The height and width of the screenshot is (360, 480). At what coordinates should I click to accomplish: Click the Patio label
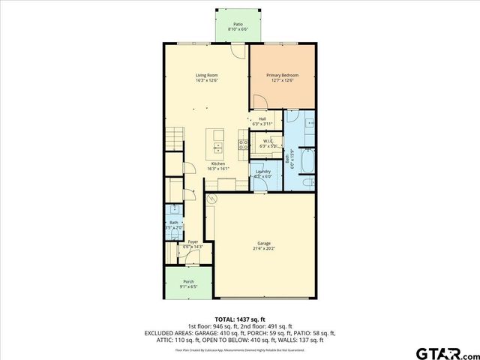coord(238,24)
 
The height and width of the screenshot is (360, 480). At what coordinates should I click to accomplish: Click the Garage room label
coord(263,243)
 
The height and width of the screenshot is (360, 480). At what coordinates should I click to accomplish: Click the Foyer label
coord(193,241)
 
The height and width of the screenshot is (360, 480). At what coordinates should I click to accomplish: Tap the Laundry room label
coord(262,172)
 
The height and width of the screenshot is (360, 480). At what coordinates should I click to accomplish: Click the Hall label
coord(262,118)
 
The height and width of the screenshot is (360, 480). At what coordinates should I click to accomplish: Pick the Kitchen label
coord(218,163)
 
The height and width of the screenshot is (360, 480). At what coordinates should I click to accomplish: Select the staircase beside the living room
coord(173,139)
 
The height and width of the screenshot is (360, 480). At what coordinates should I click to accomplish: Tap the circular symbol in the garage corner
coord(211,199)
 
